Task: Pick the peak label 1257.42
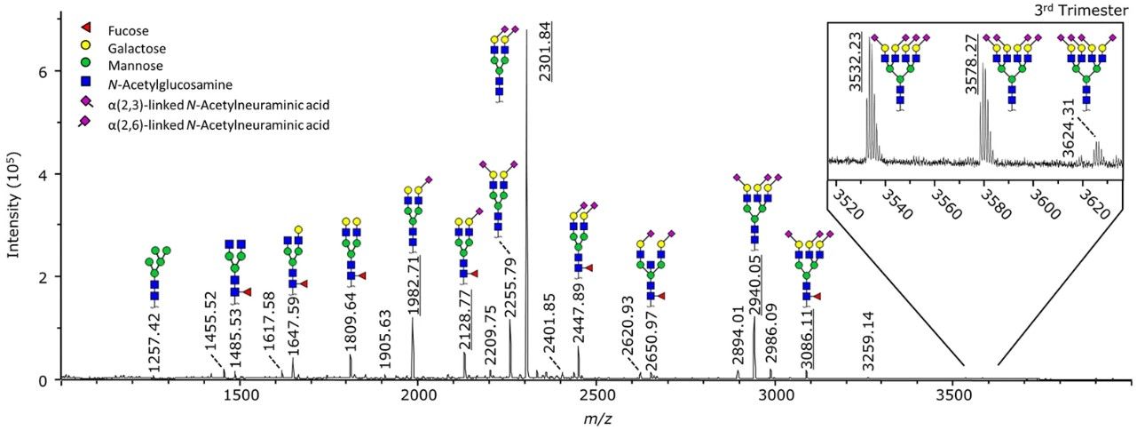155,341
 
